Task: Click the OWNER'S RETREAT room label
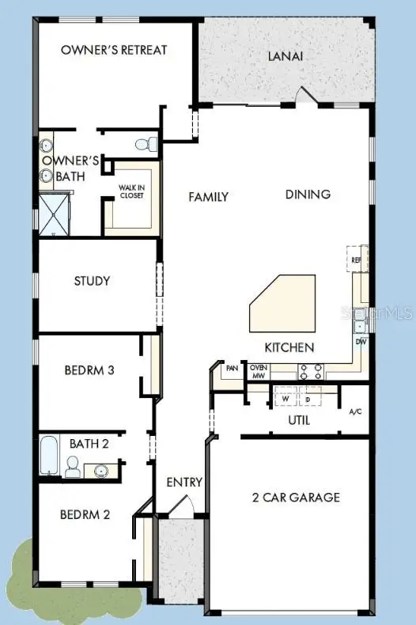114,50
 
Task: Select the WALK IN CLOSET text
131,191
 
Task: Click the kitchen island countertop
283,305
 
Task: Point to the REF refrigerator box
356,259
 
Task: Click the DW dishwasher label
361,342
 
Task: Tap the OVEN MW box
259,372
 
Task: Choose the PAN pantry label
232,369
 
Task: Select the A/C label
356,411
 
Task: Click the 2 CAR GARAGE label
296,497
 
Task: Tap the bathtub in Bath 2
49,455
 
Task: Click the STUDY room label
92,281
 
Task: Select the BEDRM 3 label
92,369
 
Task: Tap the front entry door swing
183,507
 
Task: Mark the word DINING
308,194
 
